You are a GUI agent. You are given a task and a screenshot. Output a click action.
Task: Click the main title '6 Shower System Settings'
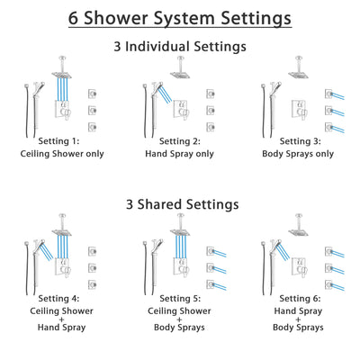pyautogui.click(x=180, y=17)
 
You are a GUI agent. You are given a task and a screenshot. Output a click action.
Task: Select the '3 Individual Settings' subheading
pyautogui.click(x=180, y=47)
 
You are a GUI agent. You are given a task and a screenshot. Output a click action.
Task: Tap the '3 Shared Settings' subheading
pyautogui.click(x=180, y=204)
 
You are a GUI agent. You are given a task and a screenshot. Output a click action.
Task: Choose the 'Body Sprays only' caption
pyautogui.click(x=297, y=153)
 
